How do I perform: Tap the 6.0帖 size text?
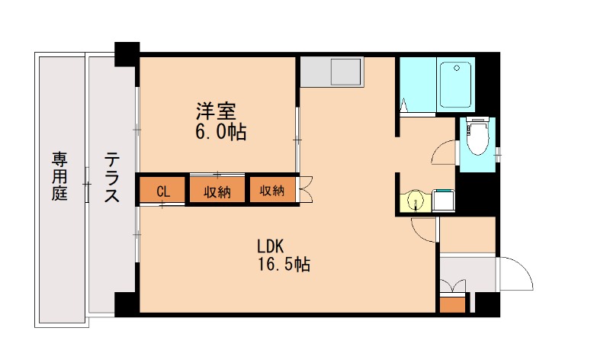[220, 132]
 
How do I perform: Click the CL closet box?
[162, 191]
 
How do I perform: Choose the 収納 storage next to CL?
[217, 191]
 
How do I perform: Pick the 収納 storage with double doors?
[271, 191]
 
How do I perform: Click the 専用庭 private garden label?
[59, 176]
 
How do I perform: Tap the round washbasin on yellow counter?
[414, 201]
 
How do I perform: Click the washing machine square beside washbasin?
[443, 201]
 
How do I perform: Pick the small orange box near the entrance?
[452, 304]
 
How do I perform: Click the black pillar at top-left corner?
[127, 54]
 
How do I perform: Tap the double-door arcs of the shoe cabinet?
[453, 286]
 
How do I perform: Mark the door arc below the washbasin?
[423, 228]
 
